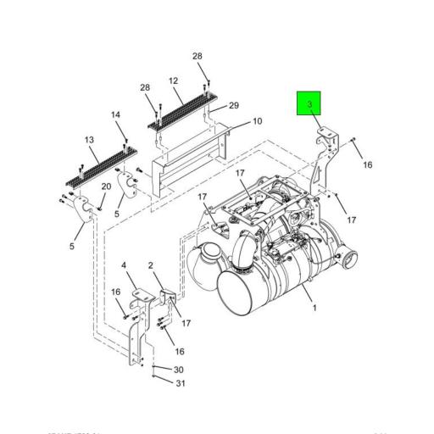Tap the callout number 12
click(x=174, y=81)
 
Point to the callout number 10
click(x=256, y=122)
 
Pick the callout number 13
click(x=89, y=139)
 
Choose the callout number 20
click(x=107, y=186)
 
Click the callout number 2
click(x=150, y=266)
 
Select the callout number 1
click(x=314, y=308)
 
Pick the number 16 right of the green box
click(x=369, y=164)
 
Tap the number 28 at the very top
click(x=198, y=57)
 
